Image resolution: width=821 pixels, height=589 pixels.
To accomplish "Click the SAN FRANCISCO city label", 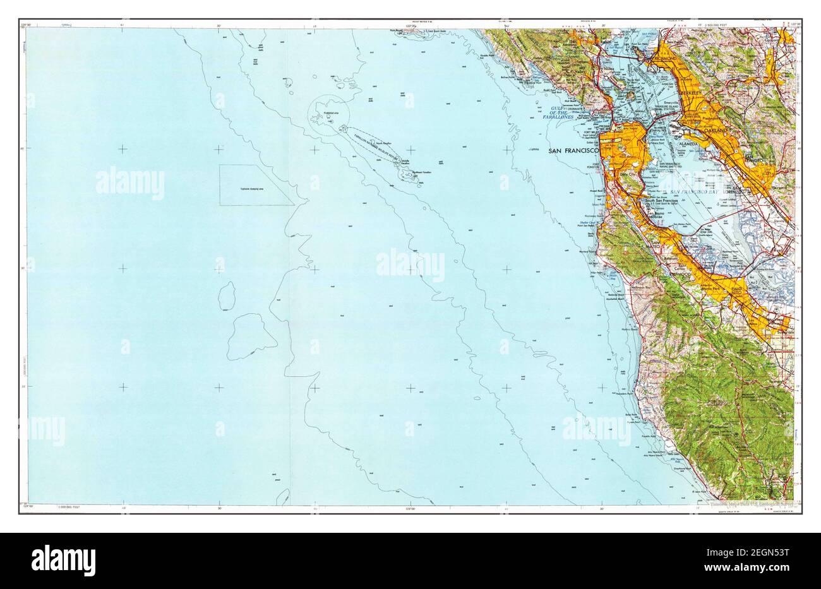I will pos(573,151).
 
